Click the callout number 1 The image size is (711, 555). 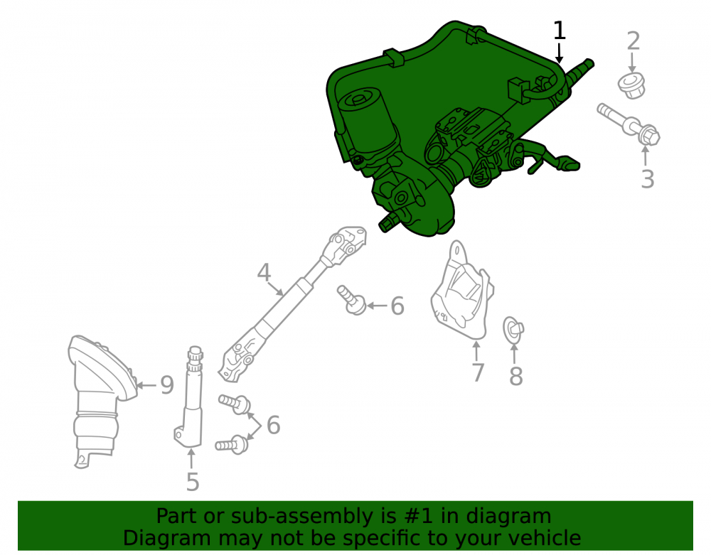tap(560, 31)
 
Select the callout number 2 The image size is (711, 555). tap(633, 41)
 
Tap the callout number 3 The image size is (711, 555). tap(648, 179)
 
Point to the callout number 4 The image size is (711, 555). tap(264, 273)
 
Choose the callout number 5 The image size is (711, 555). tap(193, 482)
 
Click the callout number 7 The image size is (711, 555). tap(478, 372)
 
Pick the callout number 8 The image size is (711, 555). tap(516, 376)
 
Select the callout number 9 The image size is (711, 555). tap(167, 385)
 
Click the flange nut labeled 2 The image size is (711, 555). tap(631, 86)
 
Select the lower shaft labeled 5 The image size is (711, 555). tap(190, 397)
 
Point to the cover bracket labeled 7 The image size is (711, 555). tap(461, 292)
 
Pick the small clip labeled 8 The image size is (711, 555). tap(513, 330)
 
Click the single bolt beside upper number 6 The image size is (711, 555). tap(351, 299)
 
